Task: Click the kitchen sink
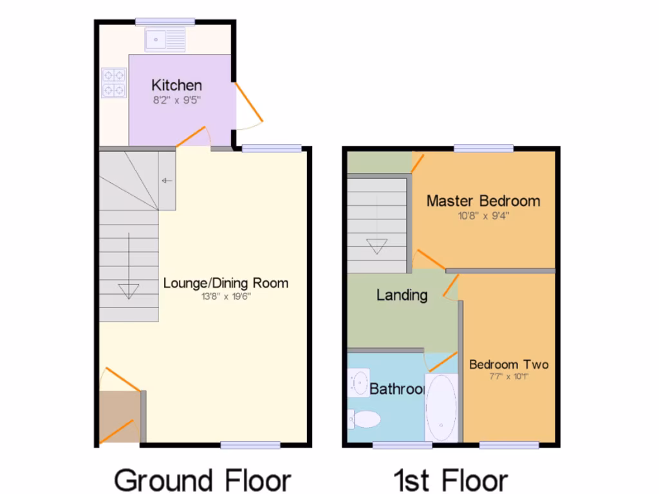[x=165, y=40]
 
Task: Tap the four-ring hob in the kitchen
[x=113, y=82]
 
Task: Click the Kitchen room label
[x=176, y=85]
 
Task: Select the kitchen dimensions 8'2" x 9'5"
[x=176, y=100]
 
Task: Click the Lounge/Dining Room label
[x=226, y=283]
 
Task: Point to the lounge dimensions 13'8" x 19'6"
[x=226, y=297]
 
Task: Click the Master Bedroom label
[x=483, y=201]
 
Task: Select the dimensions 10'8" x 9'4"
[x=483, y=215]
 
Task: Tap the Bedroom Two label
[x=508, y=365]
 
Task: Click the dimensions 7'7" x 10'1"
[x=508, y=377]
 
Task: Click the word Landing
[x=402, y=295]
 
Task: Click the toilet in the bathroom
[x=365, y=419]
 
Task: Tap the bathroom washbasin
[x=358, y=382]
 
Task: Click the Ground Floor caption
[x=203, y=480]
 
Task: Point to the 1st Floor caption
[x=451, y=480]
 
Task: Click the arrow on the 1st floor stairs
[x=376, y=245]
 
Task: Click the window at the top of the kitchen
[x=165, y=21]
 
